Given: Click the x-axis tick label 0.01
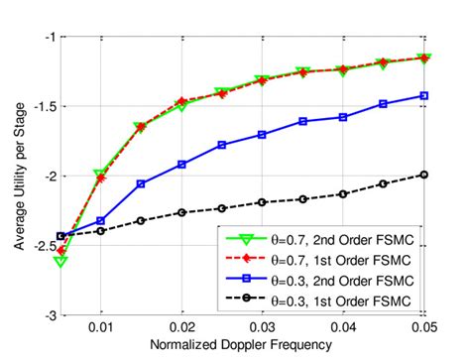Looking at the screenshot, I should pyautogui.click(x=100, y=326).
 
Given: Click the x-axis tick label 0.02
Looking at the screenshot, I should pyautogui.click(x=181, y=326).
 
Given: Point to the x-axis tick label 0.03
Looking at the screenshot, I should pyautogui.click(x=262, y=326).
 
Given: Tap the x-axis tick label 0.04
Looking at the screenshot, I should pyautogui.click(x=343, y=326).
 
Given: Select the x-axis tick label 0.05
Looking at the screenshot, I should pyautogui.click(x=423, y=326).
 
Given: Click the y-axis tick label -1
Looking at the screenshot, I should pyautogui.click(x=48, y=37).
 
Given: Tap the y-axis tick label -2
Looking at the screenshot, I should pyautogui.click(x=48, y=176).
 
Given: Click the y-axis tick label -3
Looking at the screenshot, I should pyautogui.click(x=48, y=314).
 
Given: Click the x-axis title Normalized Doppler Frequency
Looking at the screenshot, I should pyautogui.click(x=242, y=346).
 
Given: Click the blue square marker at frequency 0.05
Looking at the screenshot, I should pyautogui.click(x=423, y=96).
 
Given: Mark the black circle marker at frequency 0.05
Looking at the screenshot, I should pyautogui.click(x=423, y=175).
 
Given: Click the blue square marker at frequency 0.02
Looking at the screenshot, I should pyautogui.click(x=181, y=165).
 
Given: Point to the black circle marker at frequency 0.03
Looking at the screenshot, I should pyautogui.click(x=262, y=202).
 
